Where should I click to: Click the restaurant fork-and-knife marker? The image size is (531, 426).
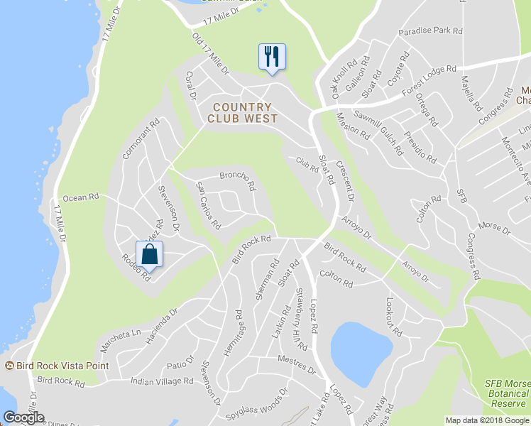(x=271, y=56)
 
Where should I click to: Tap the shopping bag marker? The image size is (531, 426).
(x=149, y=253)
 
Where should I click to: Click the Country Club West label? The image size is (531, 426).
(x=242, y=114)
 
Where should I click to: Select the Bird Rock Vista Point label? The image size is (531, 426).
(x=62, y=366)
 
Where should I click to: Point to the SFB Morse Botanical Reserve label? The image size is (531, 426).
(x=507, y=393)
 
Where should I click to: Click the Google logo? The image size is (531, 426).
(x=23, y=417)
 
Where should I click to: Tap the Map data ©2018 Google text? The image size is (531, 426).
(x=487, y=420)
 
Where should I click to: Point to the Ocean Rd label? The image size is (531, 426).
(x=79, y=198)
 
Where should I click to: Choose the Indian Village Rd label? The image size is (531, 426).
(x=163, y=381)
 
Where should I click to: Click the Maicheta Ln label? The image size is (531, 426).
(x=121, y=333)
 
